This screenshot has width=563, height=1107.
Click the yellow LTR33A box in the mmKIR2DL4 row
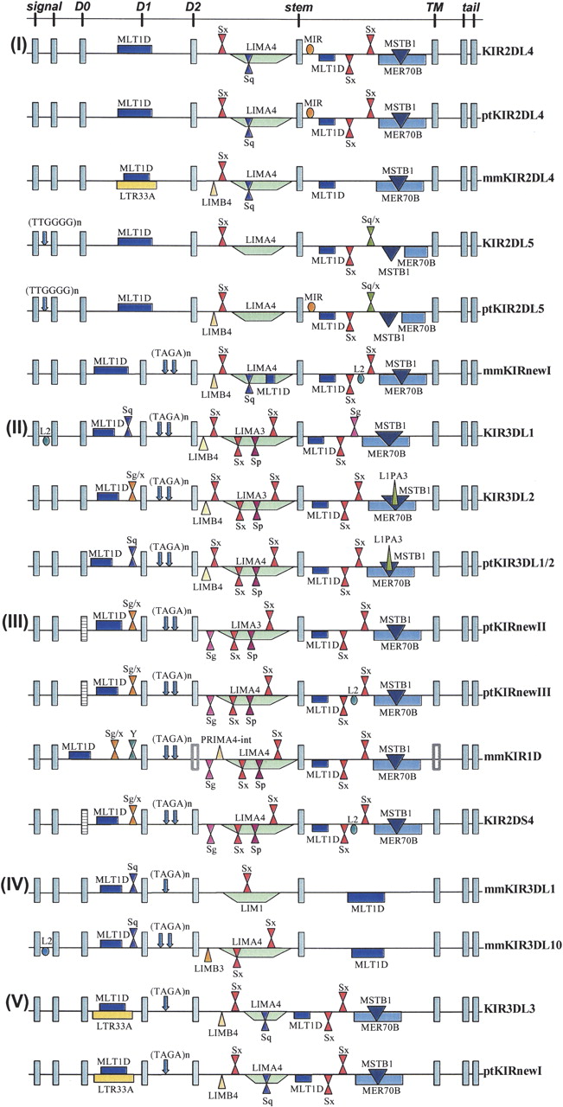(x=137, y=185)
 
